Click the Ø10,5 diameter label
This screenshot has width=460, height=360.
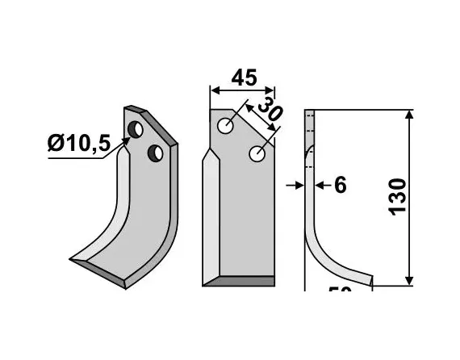[79, 144]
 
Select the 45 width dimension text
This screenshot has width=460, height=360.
[243, 78]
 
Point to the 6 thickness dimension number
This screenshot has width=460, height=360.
[339, 186]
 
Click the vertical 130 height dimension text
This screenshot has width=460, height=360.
[398, 196]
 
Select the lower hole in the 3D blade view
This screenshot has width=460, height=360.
[156, 152]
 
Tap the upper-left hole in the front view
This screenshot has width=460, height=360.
[226, 125]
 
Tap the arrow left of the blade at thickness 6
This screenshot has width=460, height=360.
[297, 186]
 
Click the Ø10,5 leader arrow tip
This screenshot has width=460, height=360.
[126, 140]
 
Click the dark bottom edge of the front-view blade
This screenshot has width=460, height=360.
[238, 280]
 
